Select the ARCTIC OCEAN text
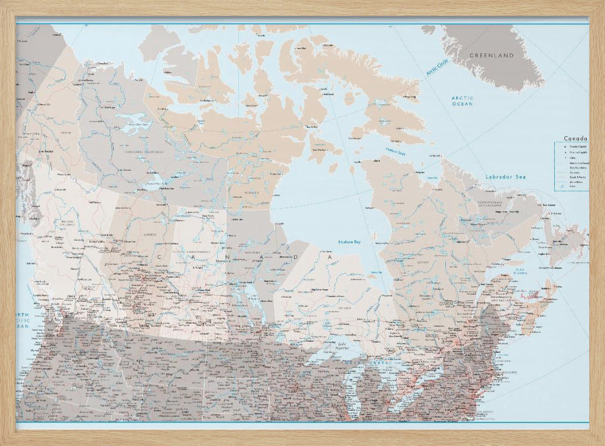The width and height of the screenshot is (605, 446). point(462,101)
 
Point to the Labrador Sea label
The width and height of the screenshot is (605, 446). point(506,177)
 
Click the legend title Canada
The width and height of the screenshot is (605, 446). point(575,139)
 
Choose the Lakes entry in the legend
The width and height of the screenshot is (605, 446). point(572,186)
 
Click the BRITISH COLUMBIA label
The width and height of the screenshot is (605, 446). point(71,223)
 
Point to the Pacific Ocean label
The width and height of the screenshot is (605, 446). point(22,321)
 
